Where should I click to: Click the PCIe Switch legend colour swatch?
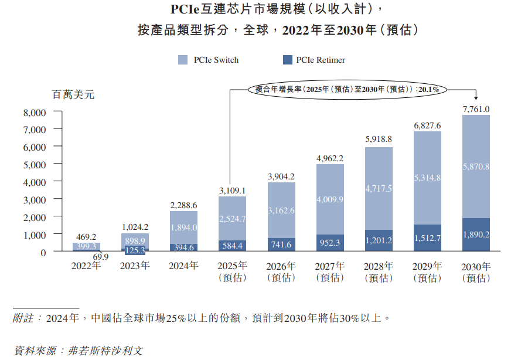(183, 60)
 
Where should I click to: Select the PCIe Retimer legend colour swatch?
(287, 60)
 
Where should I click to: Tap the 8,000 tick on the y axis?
(35, 112)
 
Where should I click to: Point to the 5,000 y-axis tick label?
(35, 165)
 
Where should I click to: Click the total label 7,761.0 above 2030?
(476, 109)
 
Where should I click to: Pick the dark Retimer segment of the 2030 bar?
(476, 235)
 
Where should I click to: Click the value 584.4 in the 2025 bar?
(233, 245)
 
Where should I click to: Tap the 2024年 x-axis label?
(183, 266)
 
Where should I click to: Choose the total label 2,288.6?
(183, 205)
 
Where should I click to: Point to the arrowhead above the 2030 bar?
(476, 97)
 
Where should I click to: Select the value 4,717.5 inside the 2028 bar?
(379, 188)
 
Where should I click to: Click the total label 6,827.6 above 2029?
(427, 125)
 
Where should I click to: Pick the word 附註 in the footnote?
(24, 318)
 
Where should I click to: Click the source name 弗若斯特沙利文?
(105, 351)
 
